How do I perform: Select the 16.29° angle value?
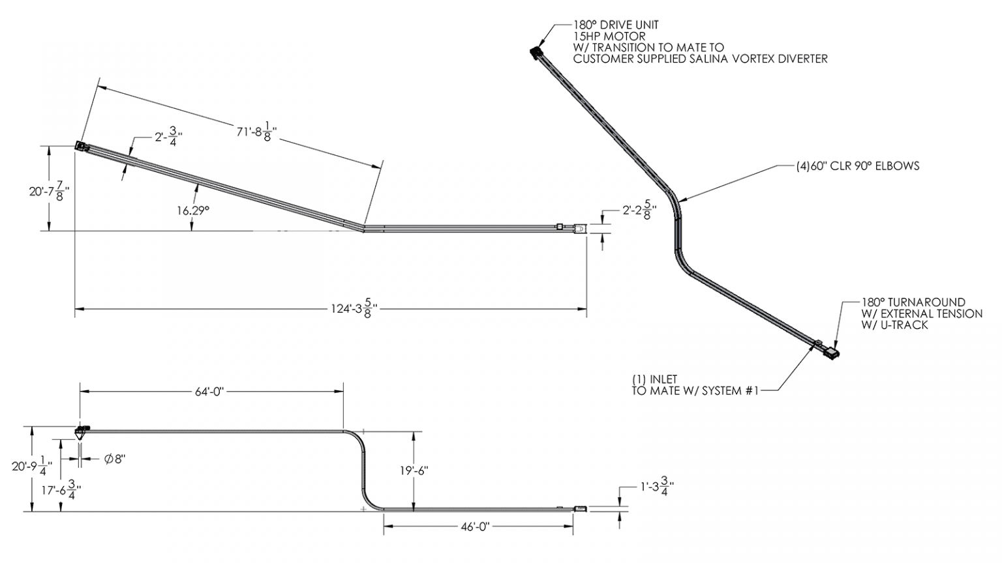coord(193,210)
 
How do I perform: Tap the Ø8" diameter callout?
coord(115,459)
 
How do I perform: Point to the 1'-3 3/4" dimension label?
coord(656,485)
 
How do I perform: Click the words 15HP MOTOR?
coord(609,36)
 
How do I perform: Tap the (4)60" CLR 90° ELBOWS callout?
coord(857,166)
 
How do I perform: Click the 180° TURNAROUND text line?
coord(913,302)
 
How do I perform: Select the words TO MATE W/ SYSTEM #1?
coord(695,391)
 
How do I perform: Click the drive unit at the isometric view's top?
coord(536,51)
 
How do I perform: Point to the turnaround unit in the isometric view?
coord(832,352)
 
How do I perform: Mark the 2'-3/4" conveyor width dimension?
coord(168,138)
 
